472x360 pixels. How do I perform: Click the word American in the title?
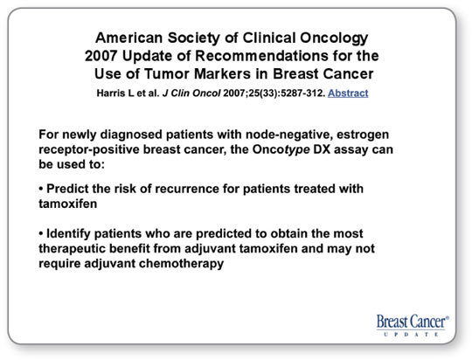[x=129, y=38]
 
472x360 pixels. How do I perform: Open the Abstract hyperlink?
[x=348, y=93]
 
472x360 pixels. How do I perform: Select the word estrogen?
[x=363, y=135]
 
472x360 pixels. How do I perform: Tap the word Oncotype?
[x=281, y=150]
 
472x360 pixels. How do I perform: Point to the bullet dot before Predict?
[x=41, y=190]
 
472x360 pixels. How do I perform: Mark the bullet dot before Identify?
[x=41, y=234]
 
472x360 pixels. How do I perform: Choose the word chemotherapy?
[x=181, y=264]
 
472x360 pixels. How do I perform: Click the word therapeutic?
[x=72, y=249]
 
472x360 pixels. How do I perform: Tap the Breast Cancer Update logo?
[x=413, y=325]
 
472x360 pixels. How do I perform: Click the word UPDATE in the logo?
[x=411, y=334]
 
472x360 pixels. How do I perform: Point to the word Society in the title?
[x=193, y=38]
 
